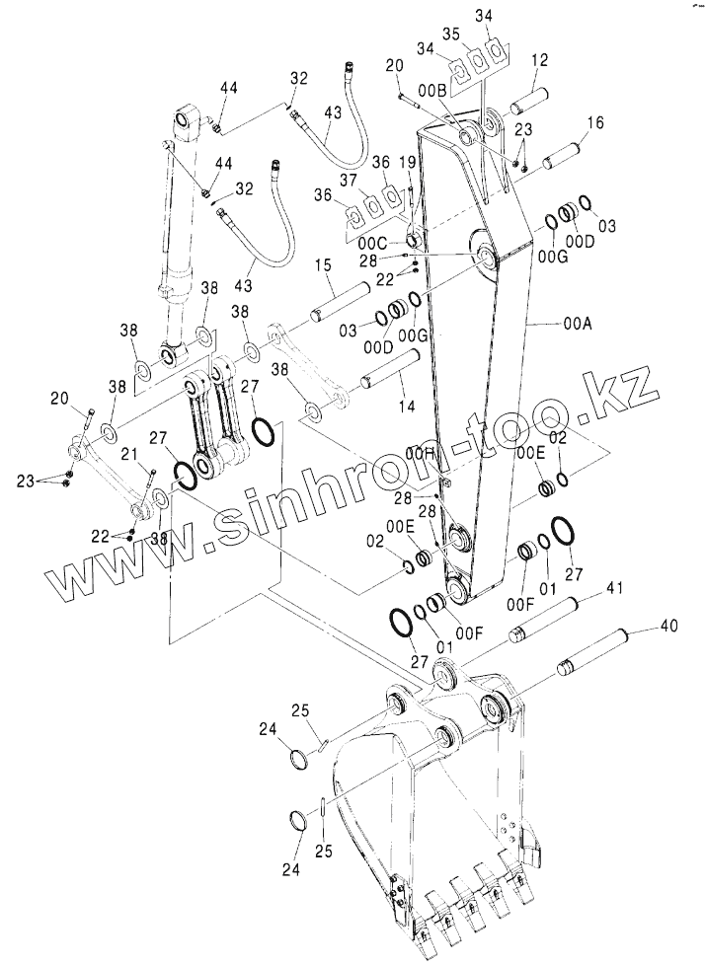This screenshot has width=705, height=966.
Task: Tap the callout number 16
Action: tap(595, 123)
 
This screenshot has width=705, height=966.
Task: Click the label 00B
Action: tap(432, 90)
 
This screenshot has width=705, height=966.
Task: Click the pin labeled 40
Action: tap(600, 649)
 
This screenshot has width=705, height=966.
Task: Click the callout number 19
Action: tap(406, 162)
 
